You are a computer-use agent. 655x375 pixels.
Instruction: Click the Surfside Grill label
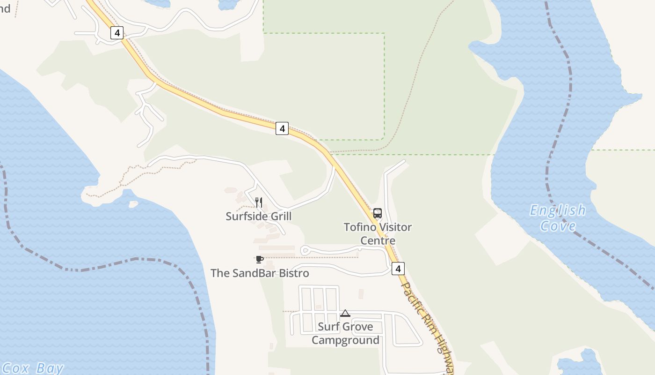pos(258,216)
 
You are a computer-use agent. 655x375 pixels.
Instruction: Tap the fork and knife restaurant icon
pos(258,202)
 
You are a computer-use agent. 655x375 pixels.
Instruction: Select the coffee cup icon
pos(260,259)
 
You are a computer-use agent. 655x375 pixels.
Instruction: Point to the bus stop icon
pos(378,213)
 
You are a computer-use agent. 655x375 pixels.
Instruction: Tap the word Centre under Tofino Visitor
pos(378,240)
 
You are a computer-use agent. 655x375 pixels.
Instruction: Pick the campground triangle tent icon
pos(345,314)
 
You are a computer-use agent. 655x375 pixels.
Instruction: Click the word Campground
pos(345,340)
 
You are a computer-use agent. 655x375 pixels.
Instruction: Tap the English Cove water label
pos(558,218)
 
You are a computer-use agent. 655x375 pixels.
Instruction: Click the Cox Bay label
pos(33,368)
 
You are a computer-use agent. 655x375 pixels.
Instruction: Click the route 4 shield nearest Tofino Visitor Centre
pos(398,269)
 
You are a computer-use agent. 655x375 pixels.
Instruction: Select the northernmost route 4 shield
pos(117,33)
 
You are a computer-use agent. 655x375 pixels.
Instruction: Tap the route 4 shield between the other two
pos(282,128)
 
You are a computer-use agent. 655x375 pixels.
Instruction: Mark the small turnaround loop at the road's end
pos(305,250)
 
